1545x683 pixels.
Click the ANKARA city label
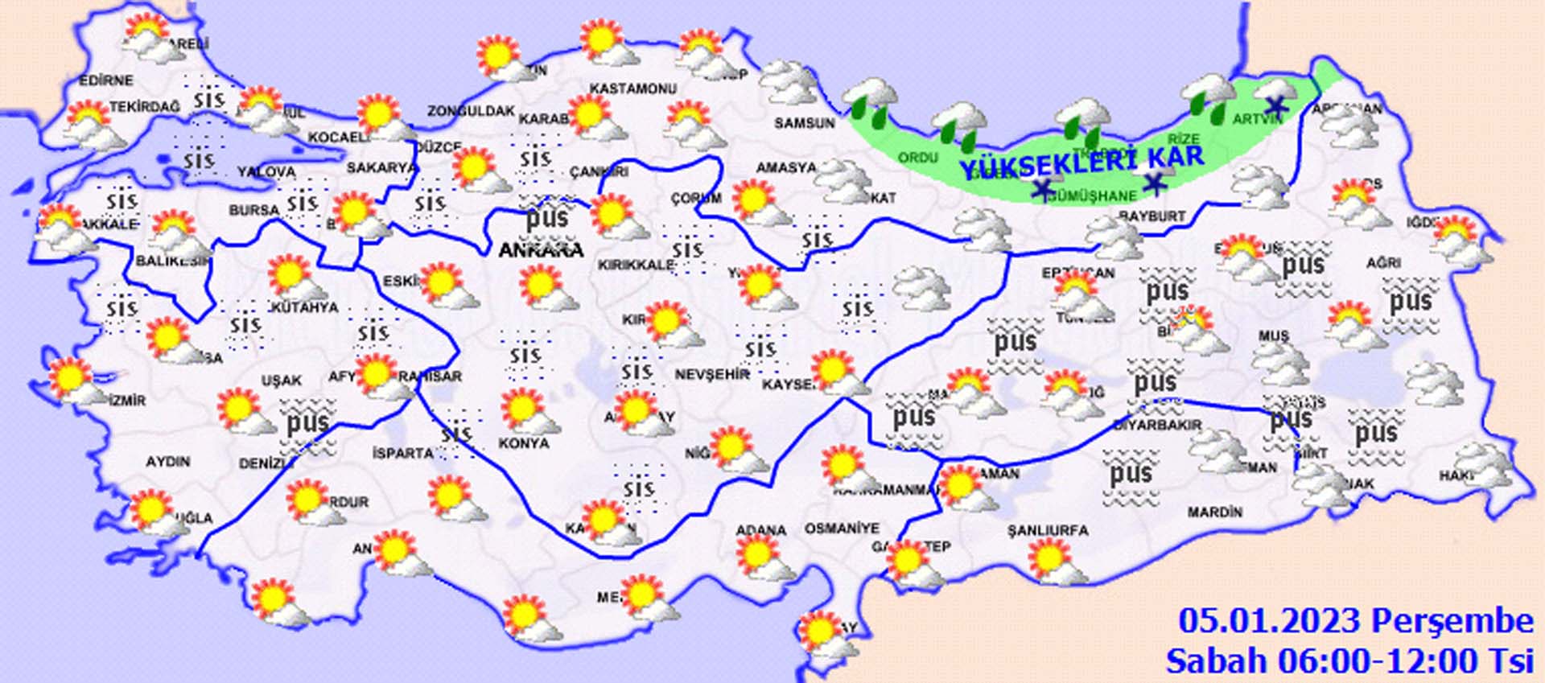541,250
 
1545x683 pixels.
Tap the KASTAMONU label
633,88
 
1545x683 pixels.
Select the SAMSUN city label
805,123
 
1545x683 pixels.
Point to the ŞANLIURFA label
1048,530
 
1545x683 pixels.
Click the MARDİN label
1214,512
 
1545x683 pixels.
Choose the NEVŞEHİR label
712,375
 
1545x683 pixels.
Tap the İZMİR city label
126,400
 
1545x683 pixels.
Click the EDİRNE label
106,80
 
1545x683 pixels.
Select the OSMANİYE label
842,529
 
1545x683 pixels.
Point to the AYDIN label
167,462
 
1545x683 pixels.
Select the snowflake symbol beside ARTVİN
1275,105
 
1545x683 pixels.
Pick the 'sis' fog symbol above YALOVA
198,160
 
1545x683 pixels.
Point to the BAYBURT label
1152,216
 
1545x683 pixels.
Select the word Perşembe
1452,621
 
